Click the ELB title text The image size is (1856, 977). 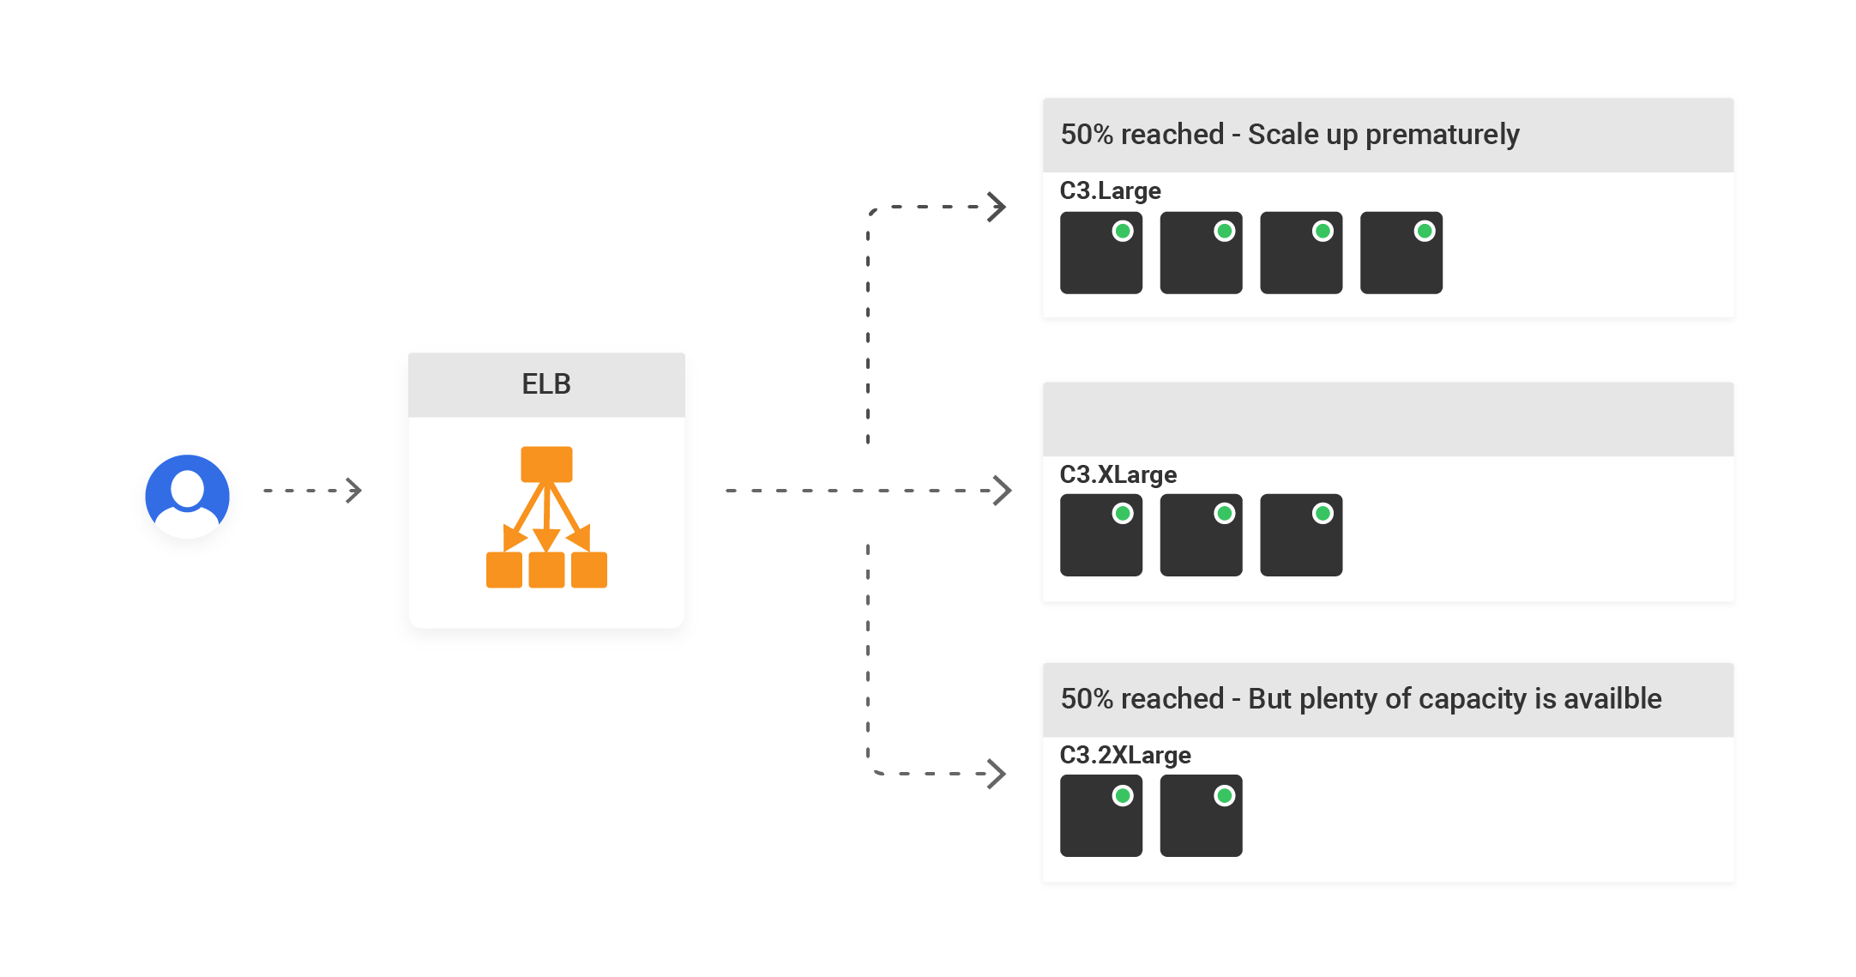546,384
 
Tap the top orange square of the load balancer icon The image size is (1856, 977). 546,464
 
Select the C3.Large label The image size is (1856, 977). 1110,190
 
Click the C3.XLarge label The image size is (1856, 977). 1118,474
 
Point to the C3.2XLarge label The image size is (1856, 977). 1125,755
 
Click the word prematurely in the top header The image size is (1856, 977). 1442,135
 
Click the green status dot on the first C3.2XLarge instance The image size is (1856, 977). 1123,796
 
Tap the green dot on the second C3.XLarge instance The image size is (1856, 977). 1225,514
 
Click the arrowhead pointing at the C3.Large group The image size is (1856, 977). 997,207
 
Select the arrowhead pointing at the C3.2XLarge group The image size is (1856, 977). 997,774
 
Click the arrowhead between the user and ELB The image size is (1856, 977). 354,491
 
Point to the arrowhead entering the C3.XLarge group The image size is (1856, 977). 1002,491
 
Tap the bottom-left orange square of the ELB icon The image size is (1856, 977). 503,570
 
